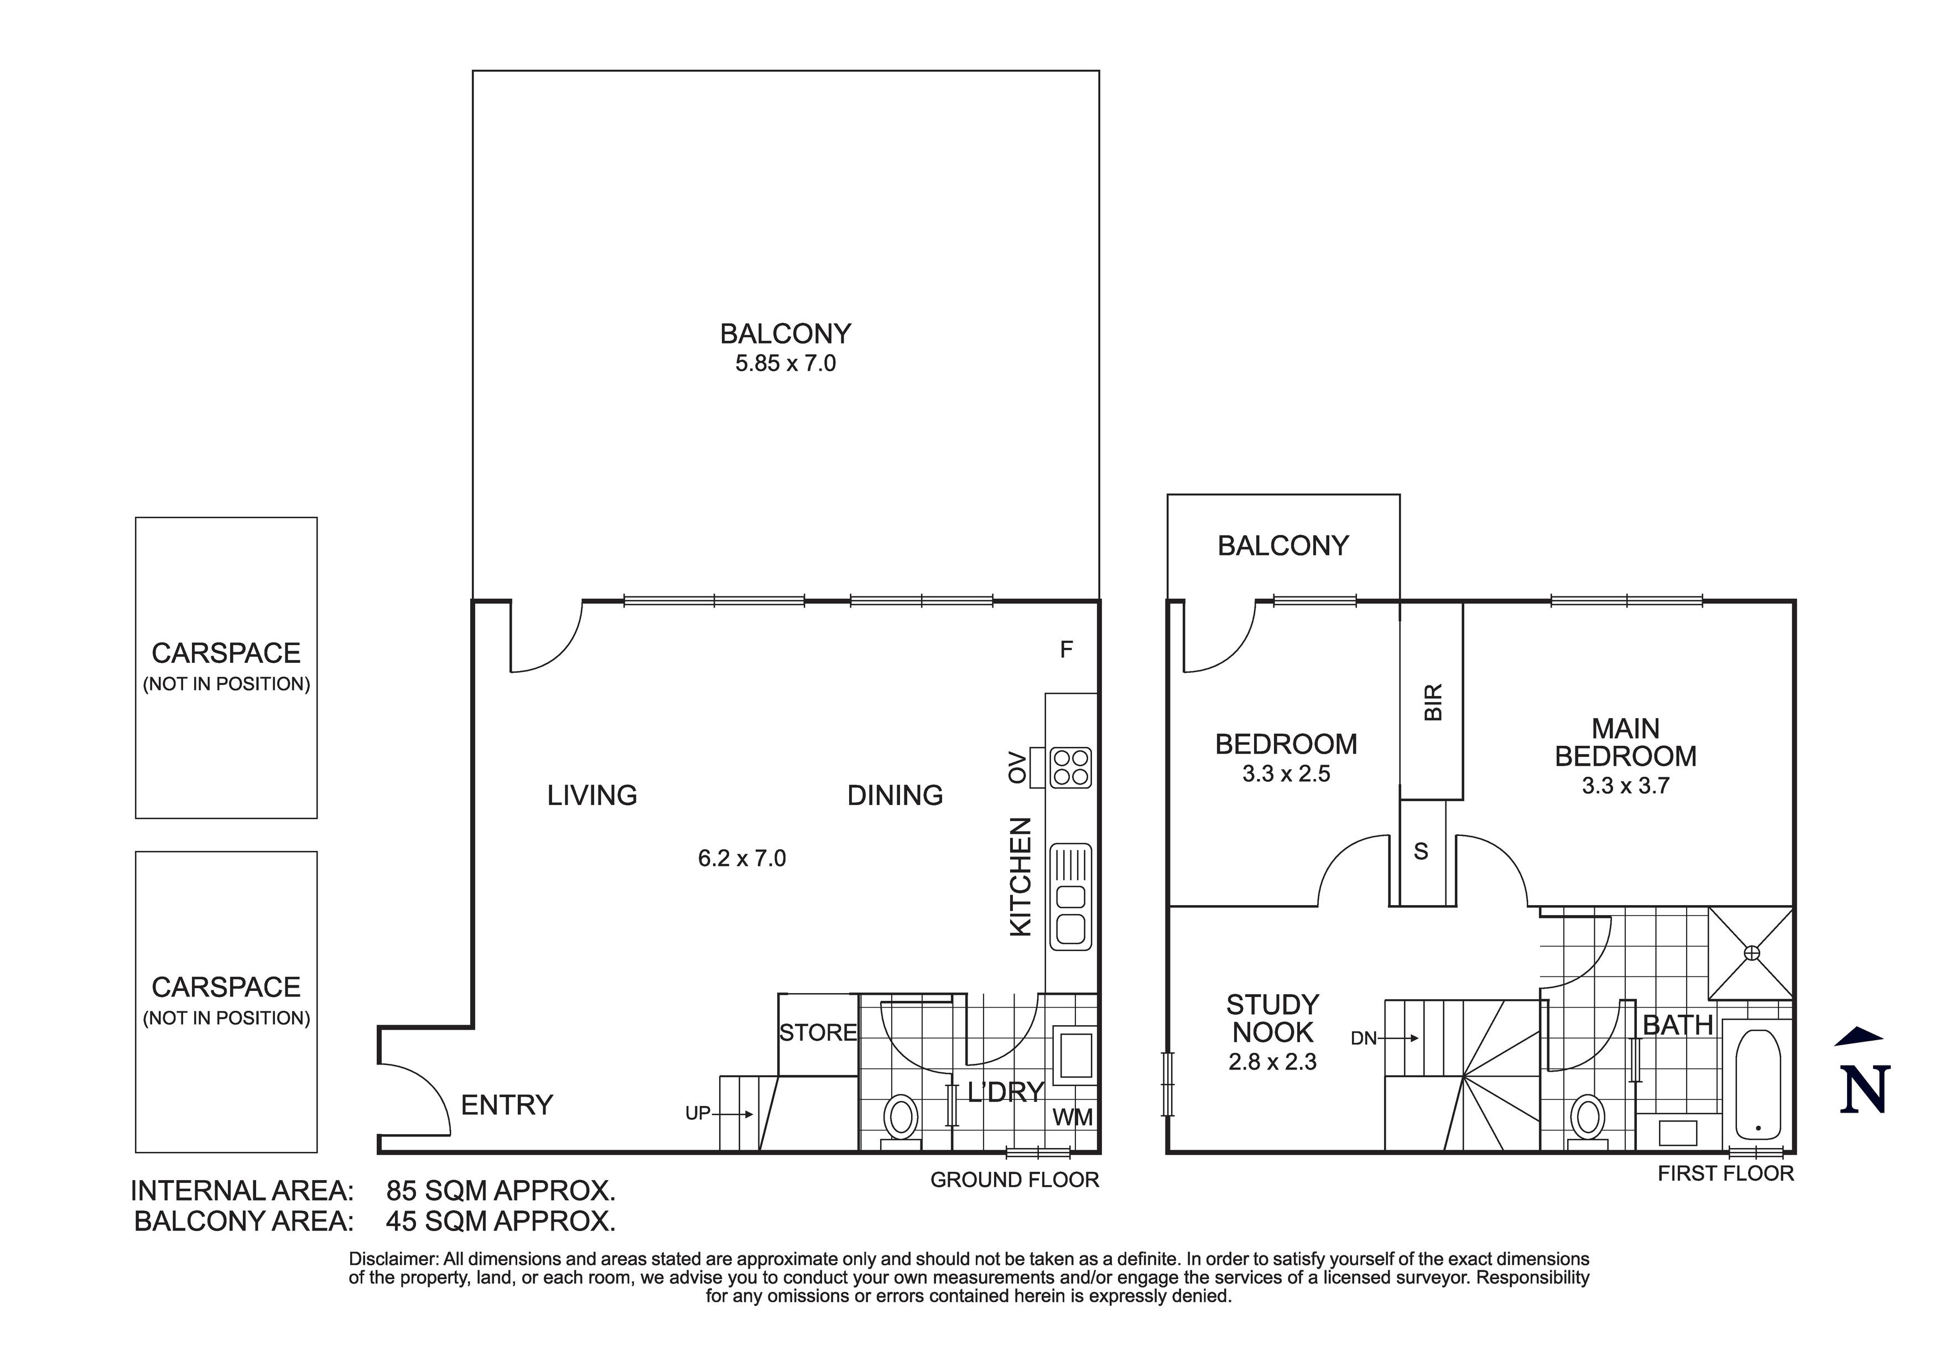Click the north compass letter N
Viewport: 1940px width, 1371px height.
click(x=1864, y=1090)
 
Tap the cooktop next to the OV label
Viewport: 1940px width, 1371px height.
click(x=1070, y=767)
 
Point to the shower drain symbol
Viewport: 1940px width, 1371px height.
click(x=1751, y=953)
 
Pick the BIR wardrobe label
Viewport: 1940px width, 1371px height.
click(x=1433, y=702)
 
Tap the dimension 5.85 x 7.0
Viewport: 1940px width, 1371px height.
click(x=785, y=363)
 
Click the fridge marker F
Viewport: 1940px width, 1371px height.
click(x=1067, y=649)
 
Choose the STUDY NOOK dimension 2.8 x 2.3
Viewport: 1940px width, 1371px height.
click(x=1272, y=1062)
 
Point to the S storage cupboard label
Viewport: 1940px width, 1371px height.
click(x=1421, y=851)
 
